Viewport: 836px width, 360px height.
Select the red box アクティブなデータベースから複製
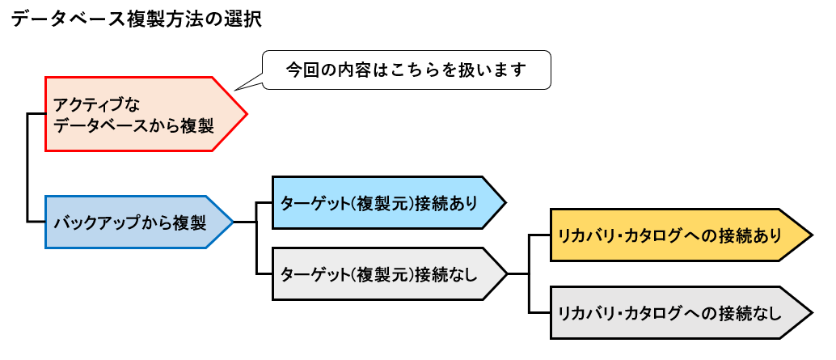[137, 114]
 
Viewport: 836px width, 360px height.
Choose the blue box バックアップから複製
[133, 222]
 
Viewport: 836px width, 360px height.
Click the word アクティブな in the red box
[91, 104]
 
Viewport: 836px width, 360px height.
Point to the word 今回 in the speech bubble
[299, 70]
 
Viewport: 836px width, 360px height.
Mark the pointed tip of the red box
[246, 114]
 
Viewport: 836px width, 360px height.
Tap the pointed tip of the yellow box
[811, 235]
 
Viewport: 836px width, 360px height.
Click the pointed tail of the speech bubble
[235, 89]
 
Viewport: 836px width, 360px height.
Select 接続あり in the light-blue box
[444, 203]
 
